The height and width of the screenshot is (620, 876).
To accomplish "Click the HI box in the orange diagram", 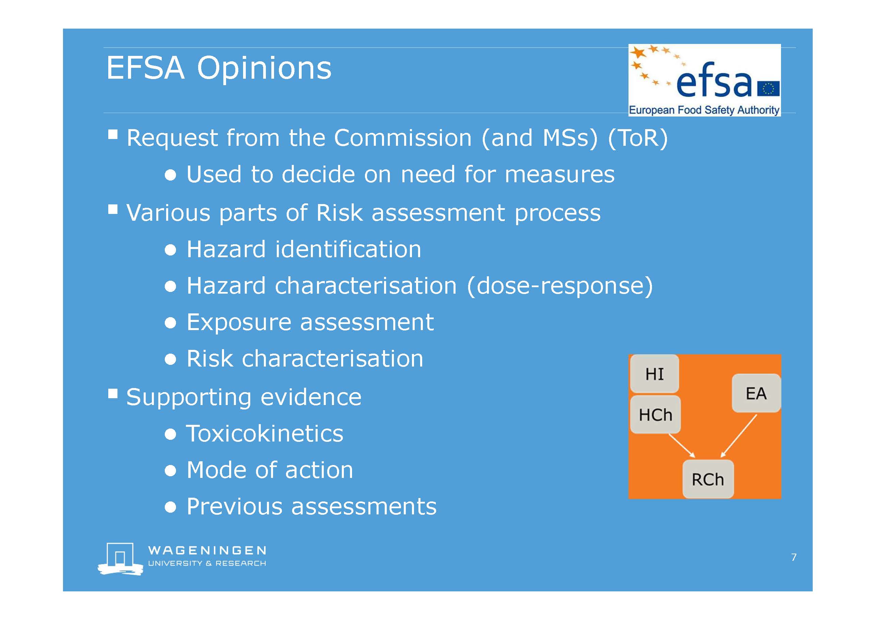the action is [654, 374].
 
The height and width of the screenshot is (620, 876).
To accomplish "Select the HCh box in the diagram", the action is [655, 415].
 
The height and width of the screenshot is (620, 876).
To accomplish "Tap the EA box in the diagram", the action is [756, 393].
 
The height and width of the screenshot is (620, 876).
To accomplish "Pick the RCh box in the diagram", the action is [708, 479].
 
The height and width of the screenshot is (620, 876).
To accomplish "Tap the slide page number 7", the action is [794, 557].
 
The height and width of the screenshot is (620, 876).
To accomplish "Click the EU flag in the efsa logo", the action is [768, 89].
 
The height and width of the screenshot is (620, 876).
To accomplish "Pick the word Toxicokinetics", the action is [265, 433].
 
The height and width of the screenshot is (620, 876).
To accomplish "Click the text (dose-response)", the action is [560, 285].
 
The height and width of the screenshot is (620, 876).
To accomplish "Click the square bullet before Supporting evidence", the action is [113, 393].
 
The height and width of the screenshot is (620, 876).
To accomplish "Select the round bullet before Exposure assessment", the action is [171, 323].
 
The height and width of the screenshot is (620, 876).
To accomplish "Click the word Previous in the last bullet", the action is [235, 507].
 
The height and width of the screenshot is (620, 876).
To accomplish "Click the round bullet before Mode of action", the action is [171, 471].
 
